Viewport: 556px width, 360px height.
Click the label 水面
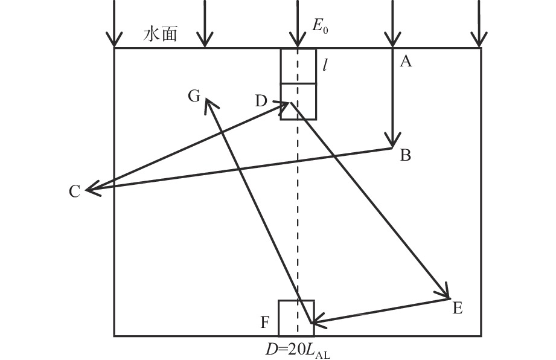[160, 34]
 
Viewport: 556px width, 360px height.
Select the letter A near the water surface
[406, 61]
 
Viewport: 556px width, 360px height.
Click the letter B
[405, 156]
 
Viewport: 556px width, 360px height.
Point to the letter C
[74, 192]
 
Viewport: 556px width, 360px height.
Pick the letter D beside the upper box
[261, 101]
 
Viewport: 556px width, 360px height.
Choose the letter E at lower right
[457, 309]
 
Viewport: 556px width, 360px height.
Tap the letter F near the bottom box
[264, 323]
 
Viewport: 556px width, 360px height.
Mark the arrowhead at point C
[91, 190]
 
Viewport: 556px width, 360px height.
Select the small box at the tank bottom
[296, 318]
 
